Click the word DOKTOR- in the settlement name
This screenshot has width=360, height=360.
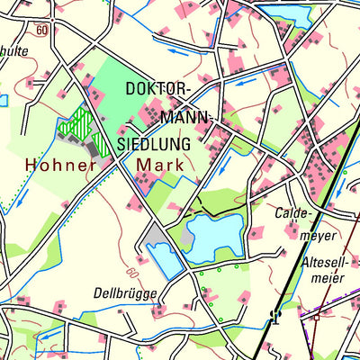(x=158, y=91)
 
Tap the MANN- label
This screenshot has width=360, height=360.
(x=186, y=117)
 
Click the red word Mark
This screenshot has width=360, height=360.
(x=159, y=165)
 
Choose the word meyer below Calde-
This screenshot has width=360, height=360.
(x=317, y=236)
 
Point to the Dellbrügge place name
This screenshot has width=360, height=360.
(x=125, y=292)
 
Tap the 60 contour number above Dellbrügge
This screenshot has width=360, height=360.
(x=132, y=271)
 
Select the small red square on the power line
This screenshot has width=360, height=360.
(x=316, y=317)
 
